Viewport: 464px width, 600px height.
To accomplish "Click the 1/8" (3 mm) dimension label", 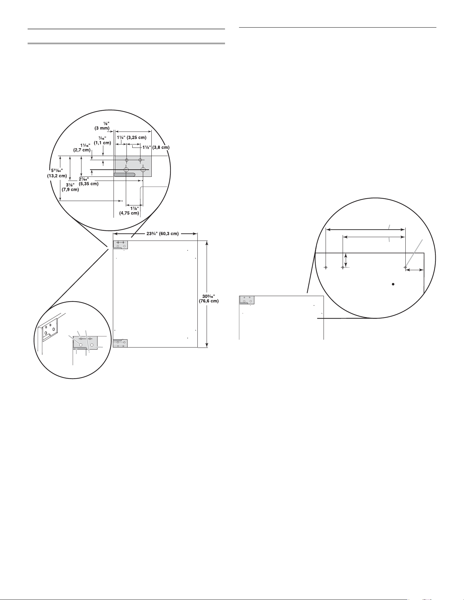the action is pos(102,126).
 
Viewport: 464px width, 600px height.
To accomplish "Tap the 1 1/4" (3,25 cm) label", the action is pos(131,138).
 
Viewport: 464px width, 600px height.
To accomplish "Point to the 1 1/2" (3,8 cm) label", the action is pos(156,148).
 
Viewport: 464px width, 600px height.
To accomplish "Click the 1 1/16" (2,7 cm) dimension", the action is pos(82,148).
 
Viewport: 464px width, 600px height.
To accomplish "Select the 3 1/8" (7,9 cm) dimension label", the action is pos(70,187).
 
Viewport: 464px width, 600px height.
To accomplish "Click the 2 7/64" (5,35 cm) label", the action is pos(89,181).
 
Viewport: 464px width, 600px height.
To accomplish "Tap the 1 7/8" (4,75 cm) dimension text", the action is pos(129,211).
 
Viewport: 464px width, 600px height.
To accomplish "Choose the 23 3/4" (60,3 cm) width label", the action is pos(155,234).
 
